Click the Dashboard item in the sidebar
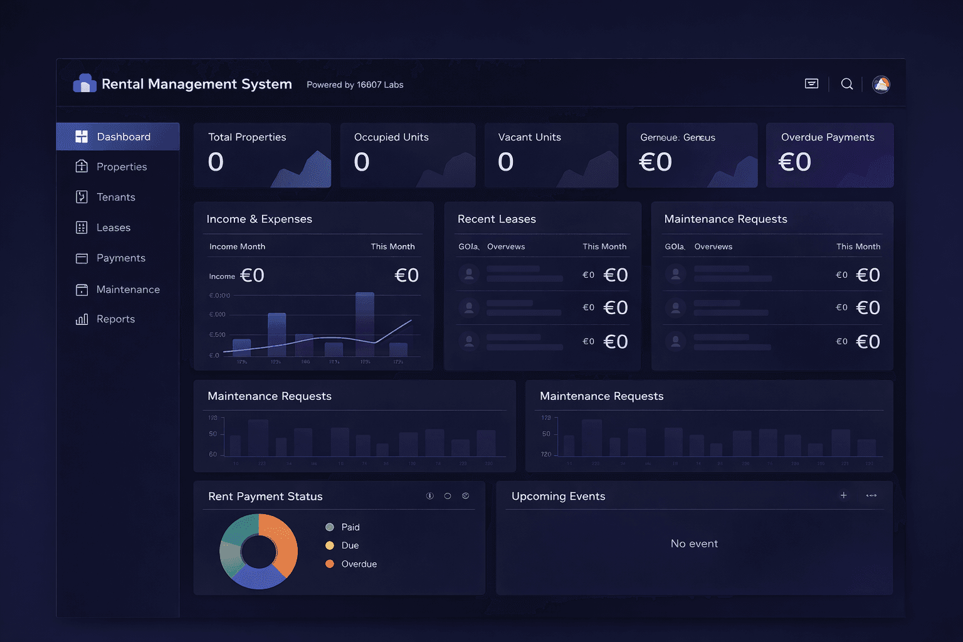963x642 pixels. click(x=118, y=137)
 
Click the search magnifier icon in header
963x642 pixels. click(x=846, y=84)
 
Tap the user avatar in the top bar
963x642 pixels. click(x=881, y=84)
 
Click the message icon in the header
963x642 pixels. click(x=811, y=84)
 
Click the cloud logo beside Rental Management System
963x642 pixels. click(x=85, y=83)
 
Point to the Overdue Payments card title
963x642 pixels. click(x=827, y=137)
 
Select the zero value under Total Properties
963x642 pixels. click(x=216, y=162)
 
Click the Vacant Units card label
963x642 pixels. click(x=529, y=137)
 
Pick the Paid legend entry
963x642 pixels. click(x=350, y=527)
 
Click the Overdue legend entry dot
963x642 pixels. click(x=330, y=564)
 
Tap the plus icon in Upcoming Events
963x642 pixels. click(x=843, y=495)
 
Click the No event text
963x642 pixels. click(x=694, y=544)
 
